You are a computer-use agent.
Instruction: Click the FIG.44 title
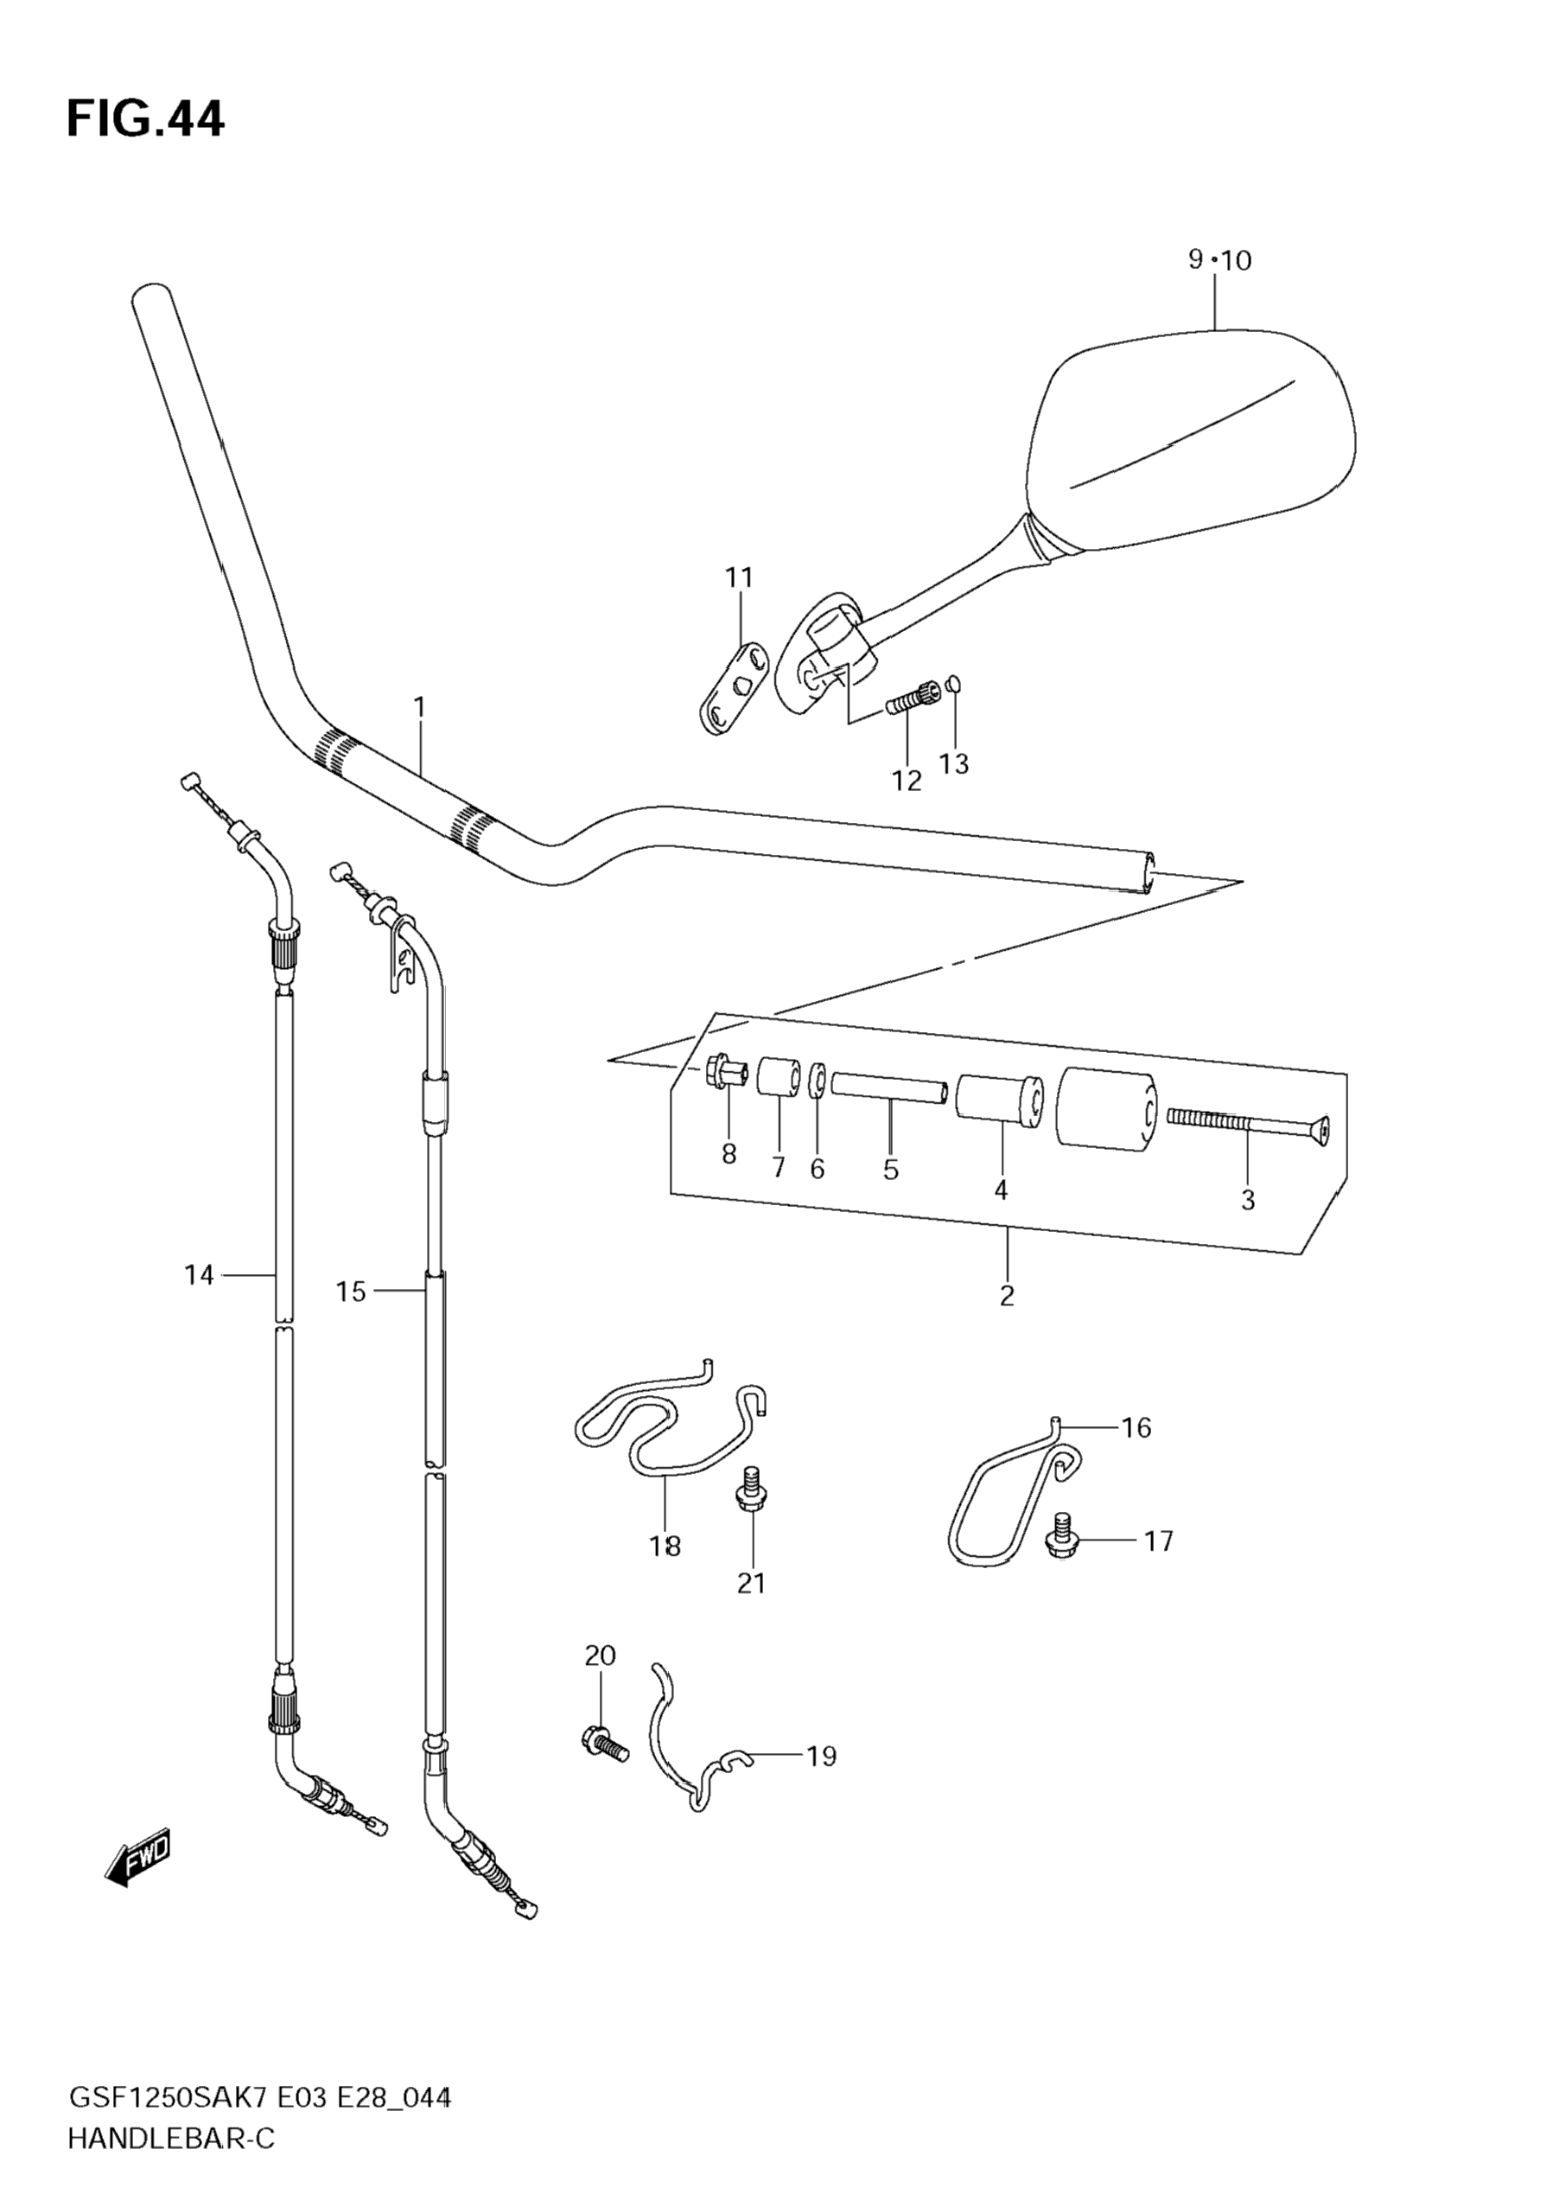point(145,120)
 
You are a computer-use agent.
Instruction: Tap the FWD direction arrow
point(137,1861)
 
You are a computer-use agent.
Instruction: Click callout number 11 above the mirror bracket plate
point(739,578)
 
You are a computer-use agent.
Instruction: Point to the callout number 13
point(954,764)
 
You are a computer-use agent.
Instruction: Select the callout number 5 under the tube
point(890,1170)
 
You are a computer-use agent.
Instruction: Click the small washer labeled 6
point(817,1079)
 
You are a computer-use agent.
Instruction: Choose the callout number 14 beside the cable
point(199,1276)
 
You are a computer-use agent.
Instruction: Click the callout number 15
point(351,1292)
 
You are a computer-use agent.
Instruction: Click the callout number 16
point(1136,1428)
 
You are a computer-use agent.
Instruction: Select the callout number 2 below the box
point(1006,1296)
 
